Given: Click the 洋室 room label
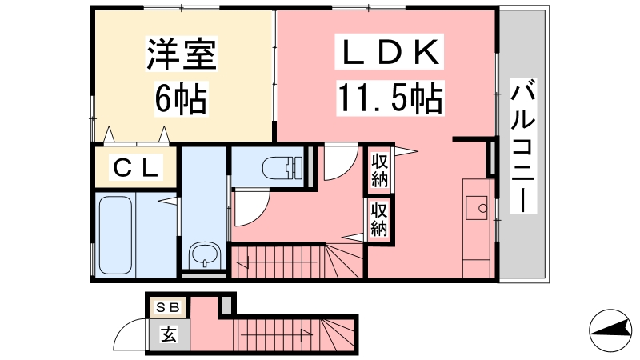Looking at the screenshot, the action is point(182,54).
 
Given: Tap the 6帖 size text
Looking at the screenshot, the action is point(182,98).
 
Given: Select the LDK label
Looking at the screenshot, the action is point(389,52).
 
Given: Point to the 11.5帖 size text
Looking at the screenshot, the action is point(390,98).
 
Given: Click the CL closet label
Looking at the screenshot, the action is point(136,167).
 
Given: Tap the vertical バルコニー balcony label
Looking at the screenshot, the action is point(523,146).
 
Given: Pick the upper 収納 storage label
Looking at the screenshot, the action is point(379,170).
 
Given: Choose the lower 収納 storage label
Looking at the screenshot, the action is point(378,219).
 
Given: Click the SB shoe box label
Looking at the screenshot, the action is point(168,307).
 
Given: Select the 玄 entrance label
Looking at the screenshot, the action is point(168,334).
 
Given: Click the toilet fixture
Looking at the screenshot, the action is point(282,168).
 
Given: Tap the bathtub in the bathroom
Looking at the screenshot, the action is point(115,235).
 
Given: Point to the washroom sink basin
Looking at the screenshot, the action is point(206,255).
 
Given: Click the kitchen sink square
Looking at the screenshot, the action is point(477,208).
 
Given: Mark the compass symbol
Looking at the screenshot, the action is point(610,330).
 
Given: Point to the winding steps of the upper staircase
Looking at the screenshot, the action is point(345,262).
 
